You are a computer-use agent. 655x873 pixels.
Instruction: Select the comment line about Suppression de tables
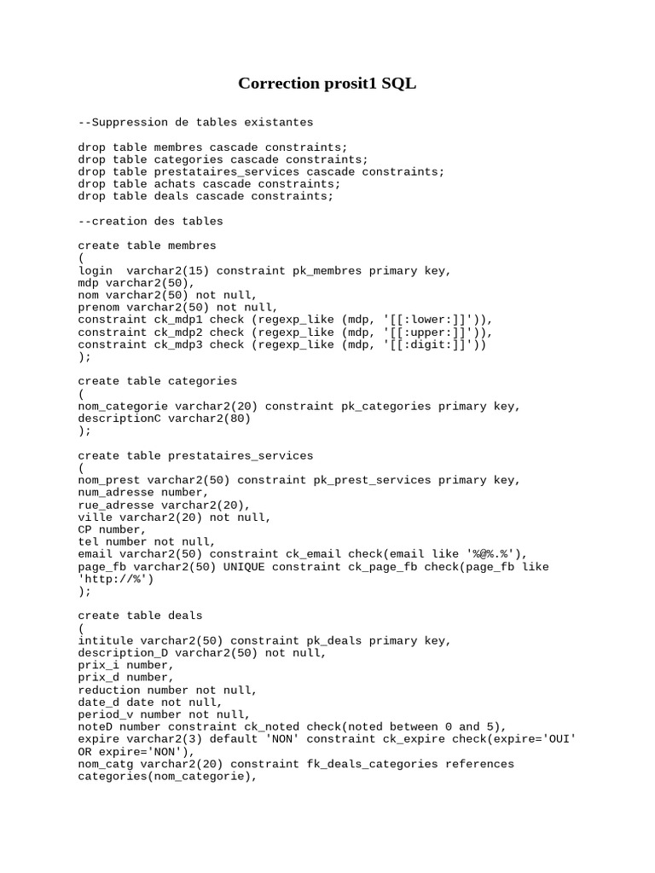(x=195, y=123)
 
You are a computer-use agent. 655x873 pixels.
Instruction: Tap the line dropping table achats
(x=209, y=184)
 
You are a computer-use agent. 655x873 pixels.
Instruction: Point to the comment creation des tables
(x=150, y=221)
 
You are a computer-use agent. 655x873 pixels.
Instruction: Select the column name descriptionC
(x=119, y=419)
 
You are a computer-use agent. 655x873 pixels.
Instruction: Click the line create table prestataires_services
(x=195, y=455)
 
